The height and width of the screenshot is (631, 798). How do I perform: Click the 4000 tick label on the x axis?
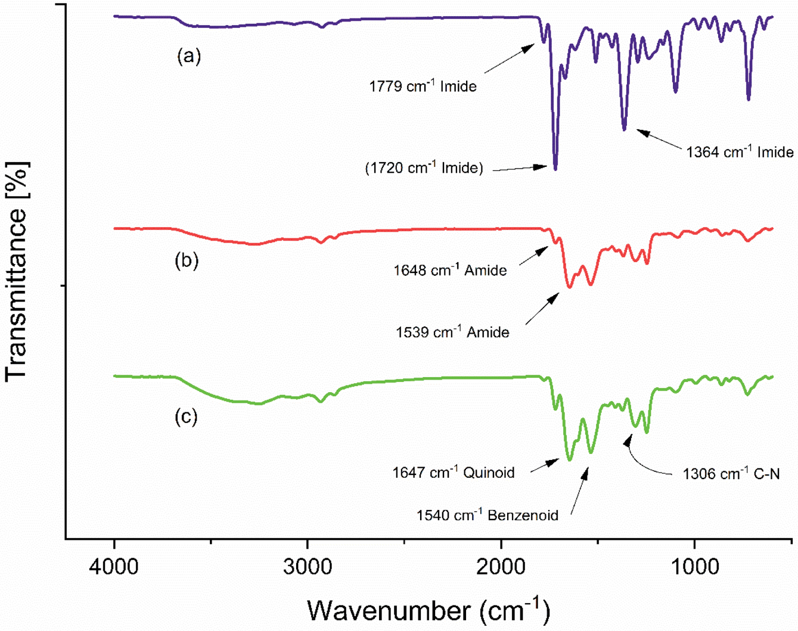(x=114, y=565)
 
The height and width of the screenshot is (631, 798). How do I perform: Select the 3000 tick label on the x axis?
(x=308, y=565)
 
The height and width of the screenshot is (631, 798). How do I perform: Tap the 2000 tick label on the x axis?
(x=501, y=565)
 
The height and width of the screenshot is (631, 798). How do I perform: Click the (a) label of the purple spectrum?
(x=189, y=56)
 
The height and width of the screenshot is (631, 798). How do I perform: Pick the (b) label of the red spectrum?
(x=187, y=260)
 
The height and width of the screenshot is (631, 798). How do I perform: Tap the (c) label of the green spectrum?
(x=186, y=416)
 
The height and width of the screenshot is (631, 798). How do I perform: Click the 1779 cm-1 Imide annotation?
(x=423, y=86)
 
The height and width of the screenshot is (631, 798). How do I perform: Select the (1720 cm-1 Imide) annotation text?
(x=424, y=168)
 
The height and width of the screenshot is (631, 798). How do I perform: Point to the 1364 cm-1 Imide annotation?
(x=739, y=152)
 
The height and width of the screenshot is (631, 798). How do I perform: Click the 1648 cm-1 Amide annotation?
(x=450, y=271)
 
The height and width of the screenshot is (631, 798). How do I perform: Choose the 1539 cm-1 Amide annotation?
(x=452, y=332)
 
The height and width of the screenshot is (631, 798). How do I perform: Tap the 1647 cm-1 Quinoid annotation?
(x=453, y=473)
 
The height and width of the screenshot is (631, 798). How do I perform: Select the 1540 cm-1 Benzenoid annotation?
(x=487, y=515)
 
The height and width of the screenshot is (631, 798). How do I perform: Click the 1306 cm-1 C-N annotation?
(x=731, y=474)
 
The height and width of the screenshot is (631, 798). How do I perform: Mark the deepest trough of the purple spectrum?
(x=555, y=169)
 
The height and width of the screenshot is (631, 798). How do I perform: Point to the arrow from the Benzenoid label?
(x=579, y=492)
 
